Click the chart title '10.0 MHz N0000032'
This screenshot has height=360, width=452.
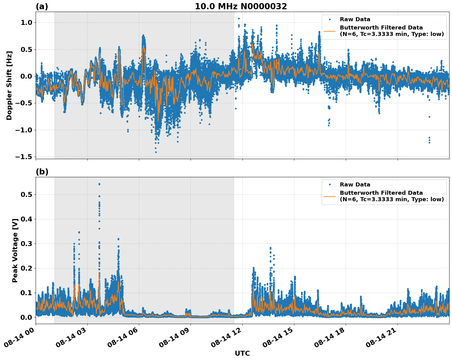tap(241, 6)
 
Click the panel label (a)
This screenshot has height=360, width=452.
tap(42, 6)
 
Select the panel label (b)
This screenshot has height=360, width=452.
tap(42, 172)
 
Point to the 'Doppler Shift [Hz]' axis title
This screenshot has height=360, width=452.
tap(9, 85)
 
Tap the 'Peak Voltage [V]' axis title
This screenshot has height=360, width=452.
tap(15, 250)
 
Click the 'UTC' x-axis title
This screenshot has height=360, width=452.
tap(242, 353)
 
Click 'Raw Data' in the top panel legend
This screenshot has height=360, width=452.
tap(355, 19)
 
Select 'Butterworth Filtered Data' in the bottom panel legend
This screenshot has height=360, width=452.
tap(381, 193)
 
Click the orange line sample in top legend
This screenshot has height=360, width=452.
tap(330, 31)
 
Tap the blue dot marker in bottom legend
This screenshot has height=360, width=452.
tap(330, 185)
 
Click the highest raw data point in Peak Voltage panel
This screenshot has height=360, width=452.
tap(99, 184)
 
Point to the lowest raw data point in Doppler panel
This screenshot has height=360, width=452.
tap(156, 152)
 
